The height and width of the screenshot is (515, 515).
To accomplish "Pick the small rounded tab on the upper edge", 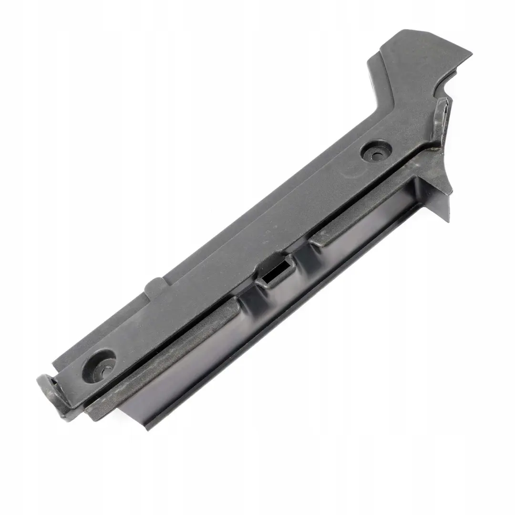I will [x=154, y=287].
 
